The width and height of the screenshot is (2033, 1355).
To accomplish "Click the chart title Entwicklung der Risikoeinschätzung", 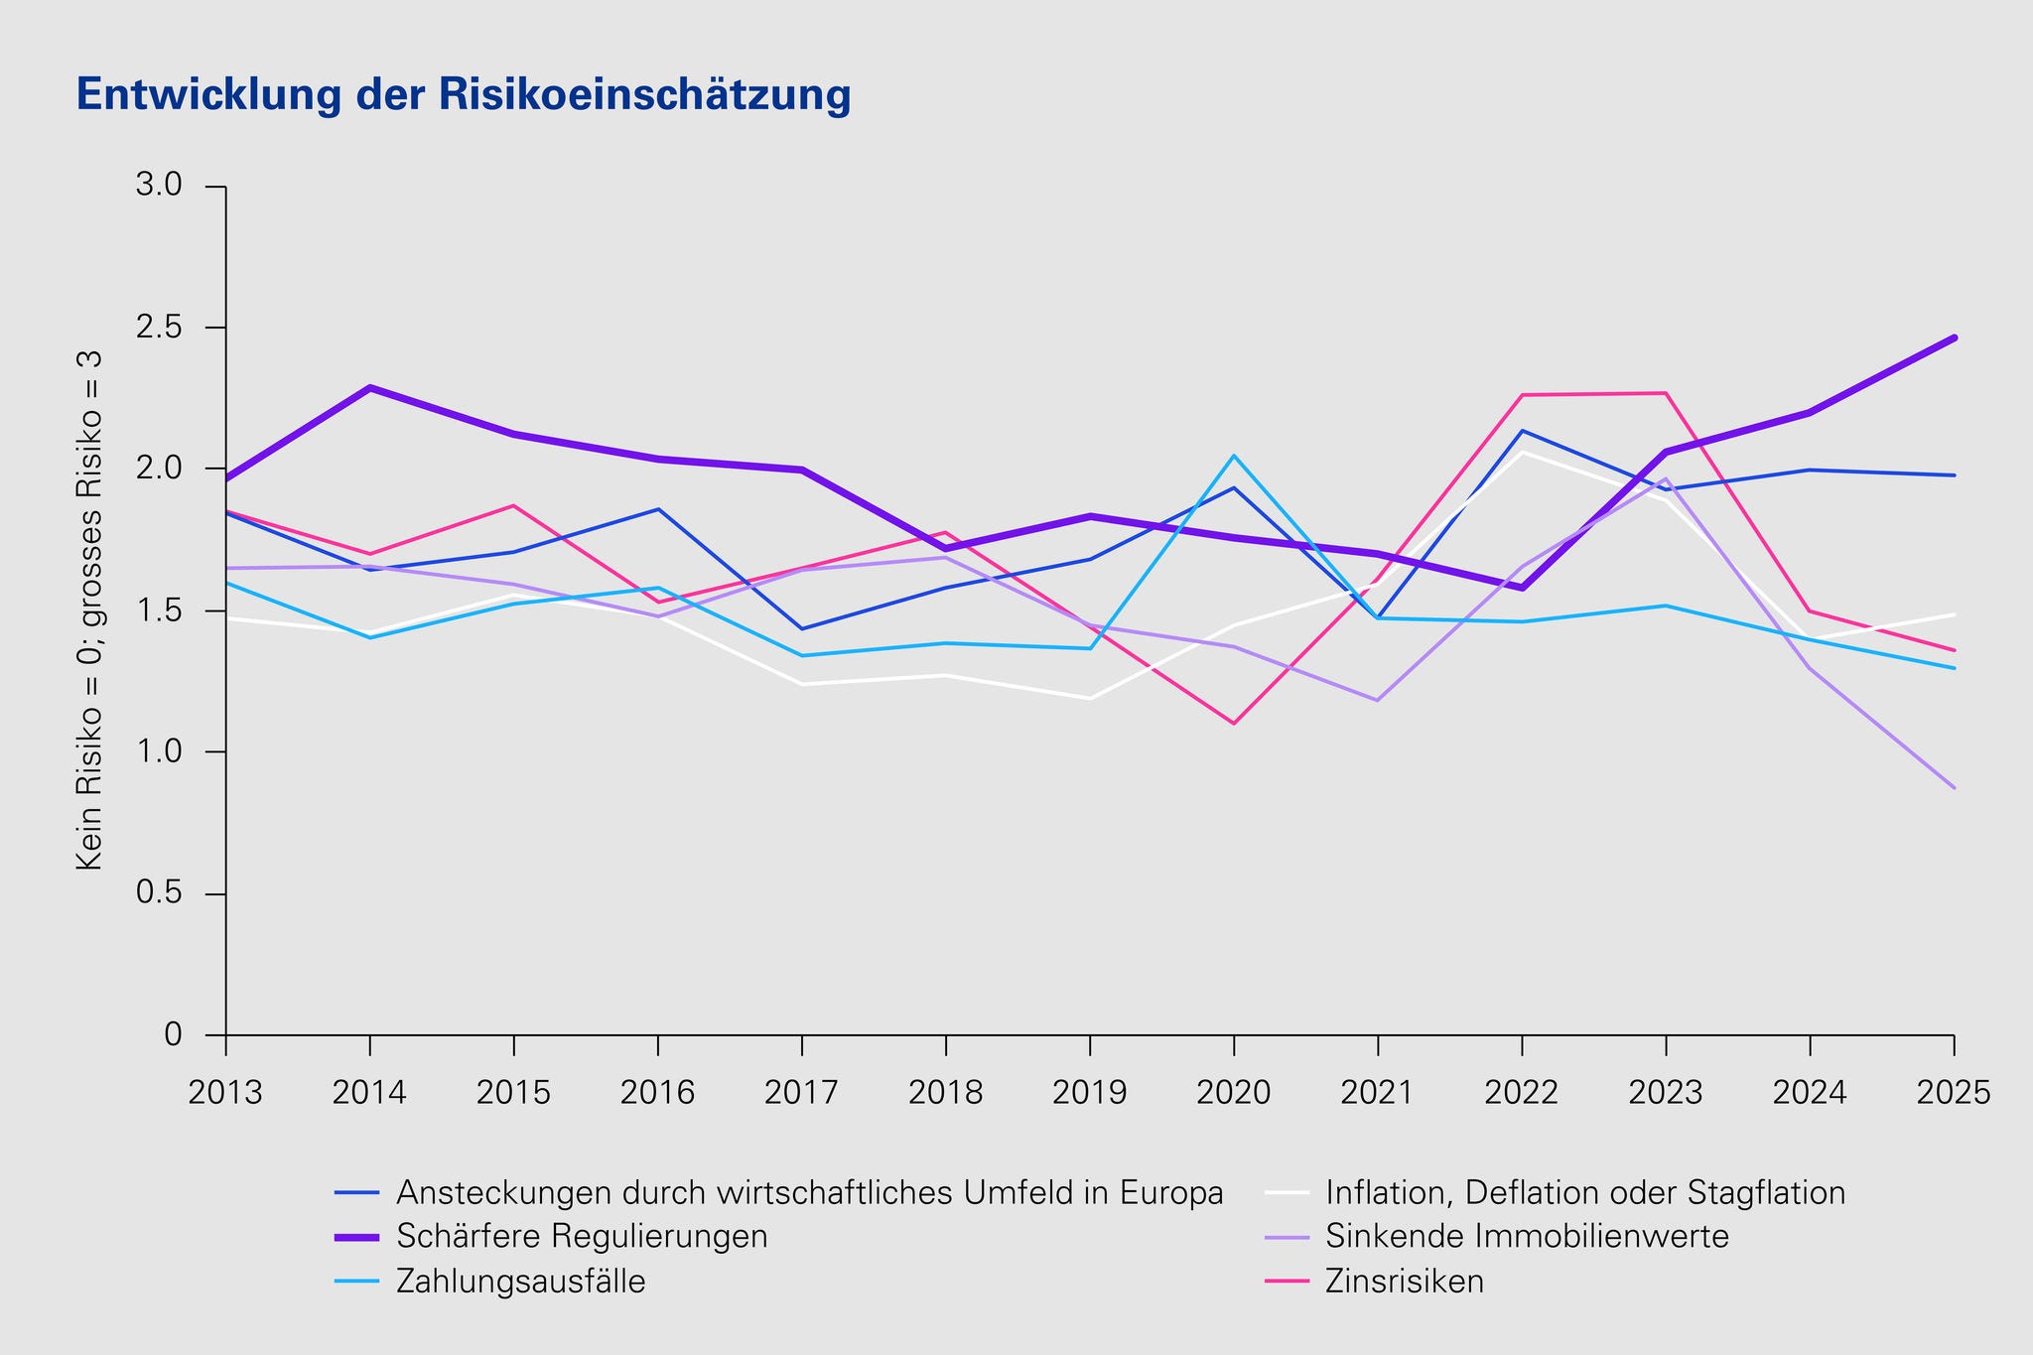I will (x=464, y=95).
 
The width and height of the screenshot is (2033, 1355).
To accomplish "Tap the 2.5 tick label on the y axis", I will (x=158, y=328).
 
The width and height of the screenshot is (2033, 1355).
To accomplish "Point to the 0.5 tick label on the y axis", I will (x=158, y=894).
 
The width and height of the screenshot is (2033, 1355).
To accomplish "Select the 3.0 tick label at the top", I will (x=158, y=186).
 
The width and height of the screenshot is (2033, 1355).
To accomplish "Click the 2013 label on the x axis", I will (x=225, y=1093).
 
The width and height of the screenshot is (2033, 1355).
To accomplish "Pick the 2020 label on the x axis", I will (x=1234, y=1093).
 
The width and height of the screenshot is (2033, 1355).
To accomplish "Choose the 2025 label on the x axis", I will (x=1954, y=1093).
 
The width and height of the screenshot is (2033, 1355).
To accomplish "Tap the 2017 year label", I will (x=801, y=1093).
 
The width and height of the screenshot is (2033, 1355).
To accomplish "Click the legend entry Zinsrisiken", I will (x=1404, y=1282).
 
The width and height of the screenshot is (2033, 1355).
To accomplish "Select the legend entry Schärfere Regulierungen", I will (x=582, y=1237).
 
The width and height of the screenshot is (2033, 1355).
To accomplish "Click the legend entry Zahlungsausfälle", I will (x=520, y=1282).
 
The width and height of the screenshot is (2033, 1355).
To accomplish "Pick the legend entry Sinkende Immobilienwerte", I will (x=1527, y=1237).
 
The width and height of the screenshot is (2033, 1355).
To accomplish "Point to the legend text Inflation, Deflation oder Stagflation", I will (x=1585, y=1192).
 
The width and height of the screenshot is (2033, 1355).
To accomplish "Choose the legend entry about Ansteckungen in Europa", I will (x=809, y=1192).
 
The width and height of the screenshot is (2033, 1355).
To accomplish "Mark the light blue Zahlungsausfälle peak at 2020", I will (x=1234, y=456).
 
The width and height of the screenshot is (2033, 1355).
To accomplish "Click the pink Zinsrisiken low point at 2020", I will (x=1234, y=723).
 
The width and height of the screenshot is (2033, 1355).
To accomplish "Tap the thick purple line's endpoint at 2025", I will (x=1954, y=339).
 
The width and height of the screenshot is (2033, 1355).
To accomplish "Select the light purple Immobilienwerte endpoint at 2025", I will (x=1954, y=787).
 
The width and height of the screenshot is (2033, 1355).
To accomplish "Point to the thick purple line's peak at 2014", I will (x=370, y=387).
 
